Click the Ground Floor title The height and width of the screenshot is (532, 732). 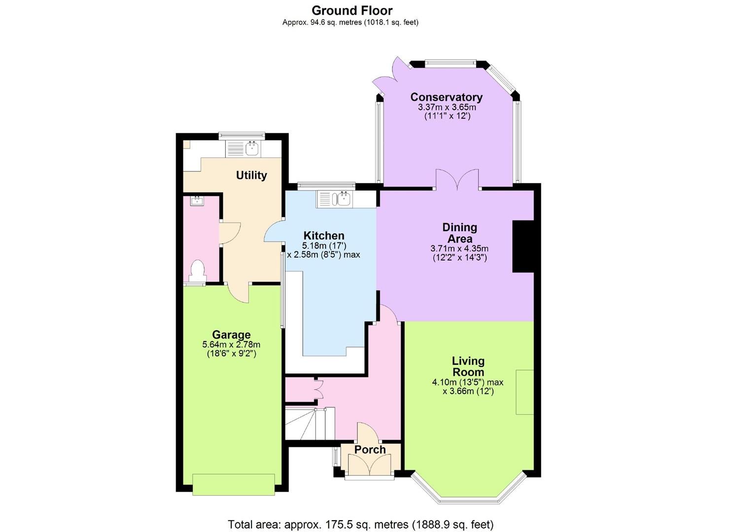pyautogui.click(x=352, y=10)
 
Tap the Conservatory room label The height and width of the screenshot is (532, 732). pyautogui.click(x=446, y=97)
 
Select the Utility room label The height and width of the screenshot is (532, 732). pyautogui.click(x=251, y=175)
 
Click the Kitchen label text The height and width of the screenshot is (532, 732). pyautogui.click(x=324, y=235)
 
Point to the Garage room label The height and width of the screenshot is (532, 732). pyautogui.click(x=231, y=335)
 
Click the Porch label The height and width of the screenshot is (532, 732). pyautogui.click(x=370, y=450)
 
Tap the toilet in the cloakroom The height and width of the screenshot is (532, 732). pyautogui.click(x=197, y=271)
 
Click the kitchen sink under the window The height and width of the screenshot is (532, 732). pyautogui.click(x=341, y=199)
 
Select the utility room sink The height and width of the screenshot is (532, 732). pyautogui.click(x=251, y=148)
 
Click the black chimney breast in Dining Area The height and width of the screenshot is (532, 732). pyautogui.click(x=523, y=246)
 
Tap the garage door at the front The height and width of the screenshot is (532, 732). pyautogui.click(x=233, y=484)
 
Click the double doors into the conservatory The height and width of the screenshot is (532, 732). pyautogui.click(x=457, y=180)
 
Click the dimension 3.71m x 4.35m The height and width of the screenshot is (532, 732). pyautogui.click(x=459, y=249)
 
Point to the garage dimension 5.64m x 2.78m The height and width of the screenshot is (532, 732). pyautogui.click(x=231, y=345)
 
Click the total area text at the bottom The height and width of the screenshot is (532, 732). pyautogui.click(x=360, y=524)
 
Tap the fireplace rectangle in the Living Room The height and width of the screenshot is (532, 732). pyautogui.click(x=524, y=392)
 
